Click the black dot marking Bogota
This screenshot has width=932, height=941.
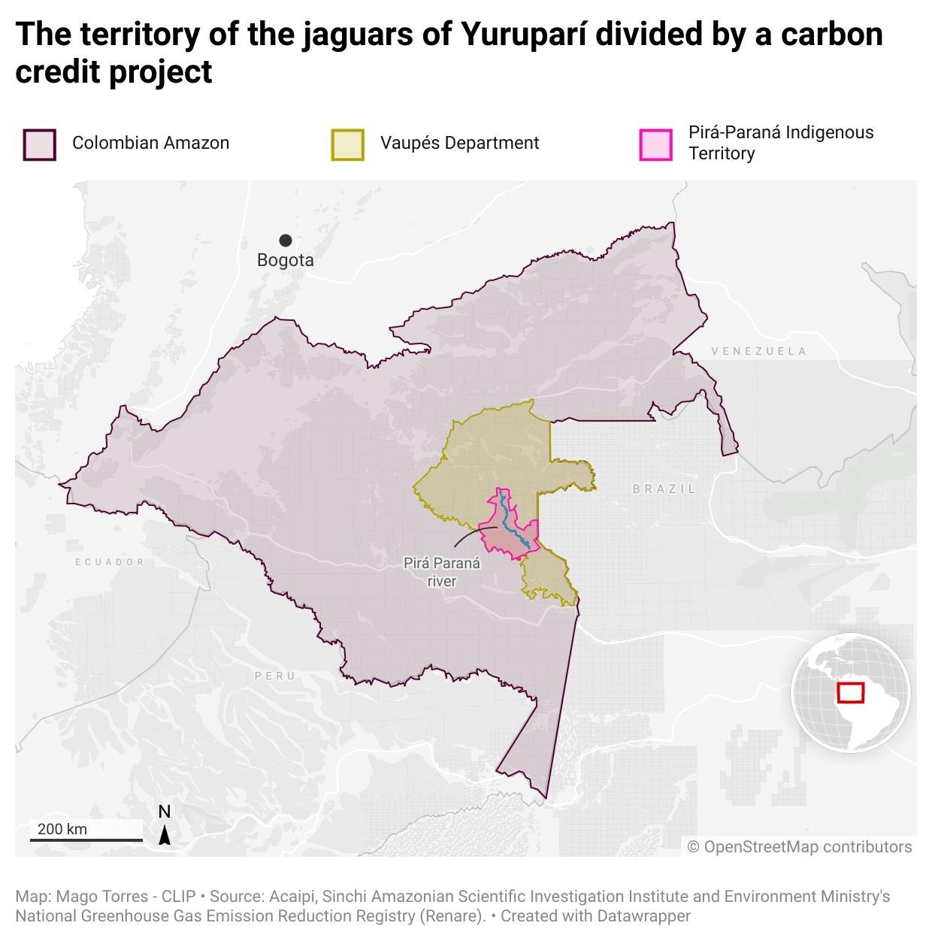[x=286, y=241]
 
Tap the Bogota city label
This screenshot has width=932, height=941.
[x=286, y=260]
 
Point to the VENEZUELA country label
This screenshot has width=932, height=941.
[x=759, y=351]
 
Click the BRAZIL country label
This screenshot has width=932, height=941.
[x=664, y=489]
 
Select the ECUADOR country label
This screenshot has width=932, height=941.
[x=110, y=562]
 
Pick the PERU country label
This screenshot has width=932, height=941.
[x=275, y=676]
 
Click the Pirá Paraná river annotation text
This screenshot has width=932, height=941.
[x=442, y=572]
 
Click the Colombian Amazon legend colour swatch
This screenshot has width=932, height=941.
[x=39, y=144]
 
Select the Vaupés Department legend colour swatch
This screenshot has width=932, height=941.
[x=348, y=144]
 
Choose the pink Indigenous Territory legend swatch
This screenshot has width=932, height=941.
[x=655, y=144]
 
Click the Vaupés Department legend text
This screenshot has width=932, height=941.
[x=459, y=143]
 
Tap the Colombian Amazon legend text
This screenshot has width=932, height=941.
[x=150, y=143]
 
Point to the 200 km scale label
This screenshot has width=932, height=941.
[x=62, y=829]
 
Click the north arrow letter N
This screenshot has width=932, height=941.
[x=165, y=812]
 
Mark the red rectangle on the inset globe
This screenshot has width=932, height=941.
[x=851, y=692]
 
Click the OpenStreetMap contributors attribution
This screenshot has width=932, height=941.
[x=800, y=847]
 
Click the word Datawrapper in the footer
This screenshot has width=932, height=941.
[x=643, y=916]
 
